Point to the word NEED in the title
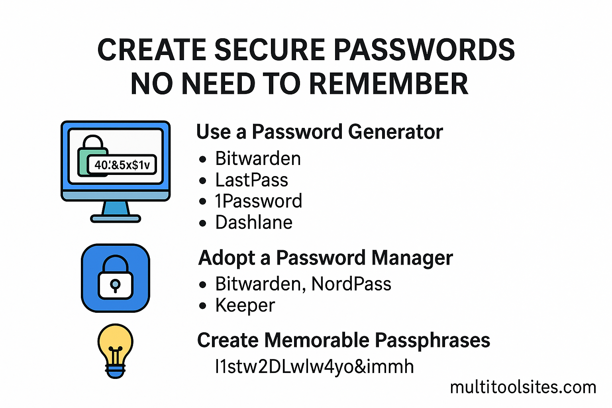click(218, 84)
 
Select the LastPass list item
click(251, 180)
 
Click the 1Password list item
click(258, 201)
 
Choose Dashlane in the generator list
click(254, 222)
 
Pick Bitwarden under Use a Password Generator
click(258, 159)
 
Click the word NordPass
click(351, 284)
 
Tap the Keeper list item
click(245, 306)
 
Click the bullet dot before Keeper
click(203, 306)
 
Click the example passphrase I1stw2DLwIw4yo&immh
click(314, 367)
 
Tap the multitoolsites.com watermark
click(523, 387)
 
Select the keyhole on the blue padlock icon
click(115, 284)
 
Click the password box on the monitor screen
click(122, 165)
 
